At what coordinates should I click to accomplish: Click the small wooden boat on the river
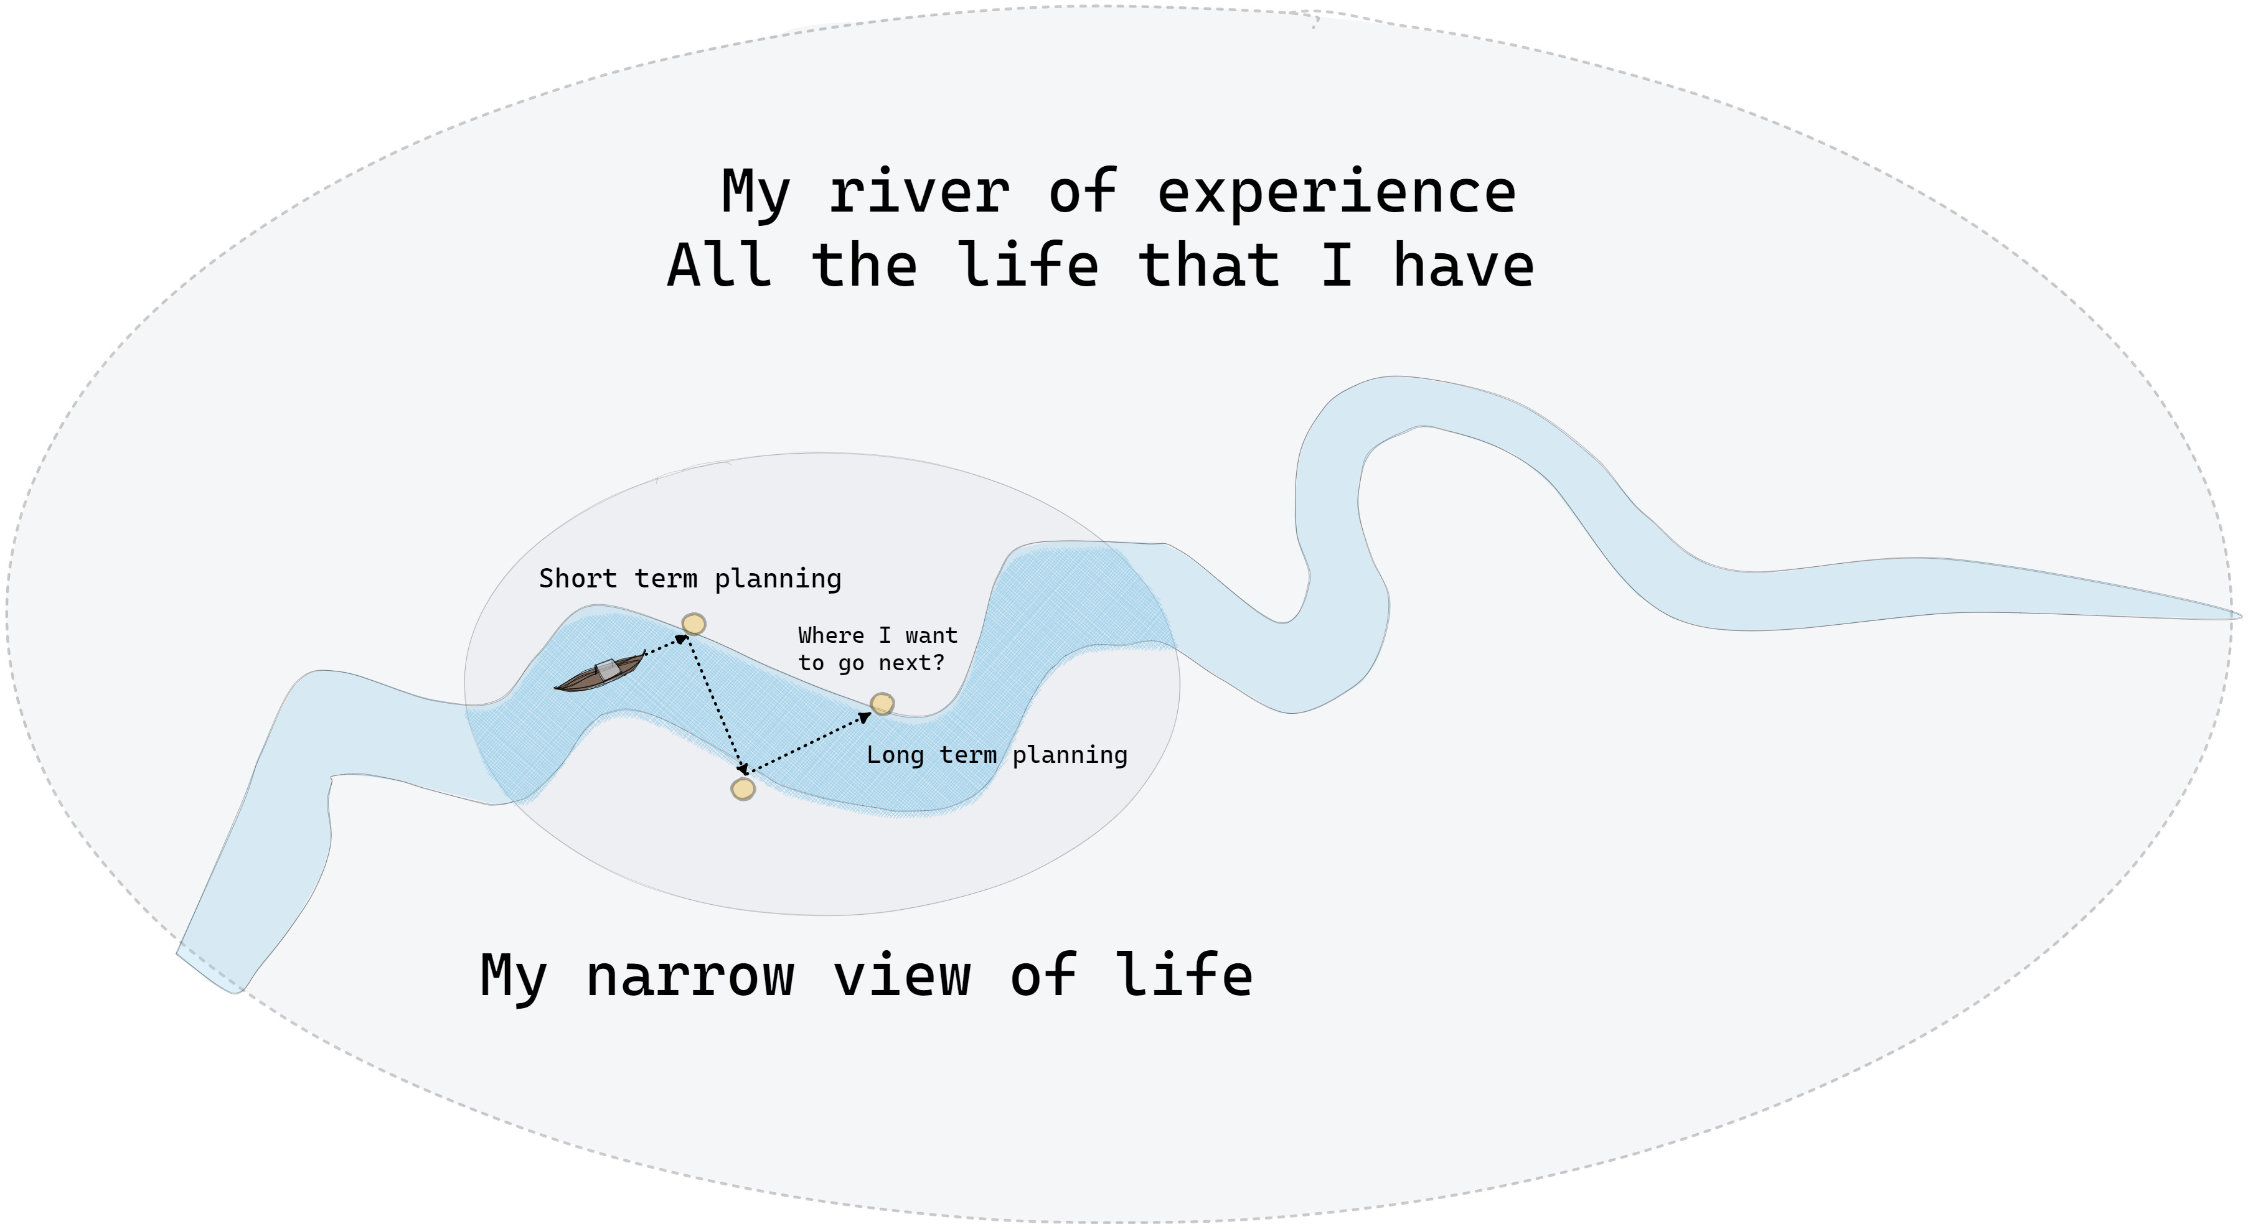(600, 673)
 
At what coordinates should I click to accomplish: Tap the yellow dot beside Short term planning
(694, 624)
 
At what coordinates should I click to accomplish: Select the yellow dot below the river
(743, 788)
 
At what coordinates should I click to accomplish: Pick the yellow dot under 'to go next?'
(882, 703)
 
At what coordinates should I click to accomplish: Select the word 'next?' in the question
(911, 663)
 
